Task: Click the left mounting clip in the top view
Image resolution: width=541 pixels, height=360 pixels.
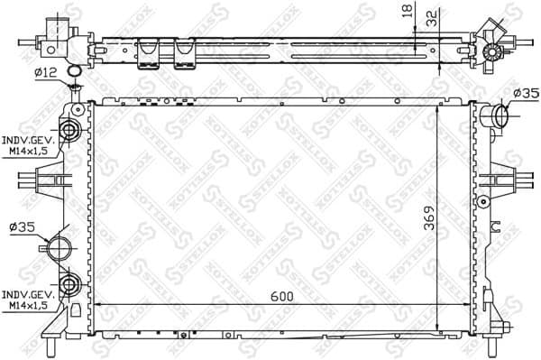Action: coord(148,54)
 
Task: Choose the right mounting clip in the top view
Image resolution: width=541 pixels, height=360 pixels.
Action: coord(185,54)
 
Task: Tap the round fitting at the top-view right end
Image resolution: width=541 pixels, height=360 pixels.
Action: coord(492,51)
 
